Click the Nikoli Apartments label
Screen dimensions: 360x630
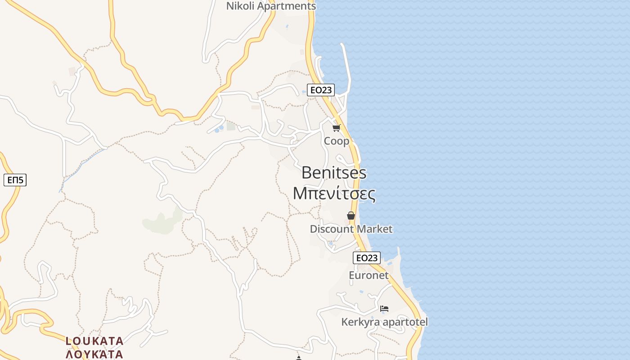pyautogui.click(x=271, y=6)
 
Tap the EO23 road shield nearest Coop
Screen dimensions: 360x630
pyautogui.click(x=320, y=90)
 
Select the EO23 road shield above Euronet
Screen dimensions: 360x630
pyautogui.click(x=367, y=258)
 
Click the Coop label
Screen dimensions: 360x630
pyautogui.click(x=337, y=141)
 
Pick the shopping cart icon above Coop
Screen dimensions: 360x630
pyautogui.click(x=337, y=128)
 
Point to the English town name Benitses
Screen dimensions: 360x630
pyautogui.click(x=334, y=173)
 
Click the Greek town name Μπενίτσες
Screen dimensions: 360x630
pyautogui.click(x=334, y=193)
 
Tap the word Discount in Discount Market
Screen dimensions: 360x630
pyautogui.click(x=332, y=229)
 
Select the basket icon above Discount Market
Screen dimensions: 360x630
pyautogui.click(x=351, y=216)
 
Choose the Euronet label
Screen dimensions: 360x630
pyautogui.click(x=369, y=275)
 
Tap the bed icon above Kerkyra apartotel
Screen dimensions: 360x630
pyautogui.click(x=384, y=309)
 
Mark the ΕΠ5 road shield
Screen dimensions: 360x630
pyautogui.click(x=15, y=180)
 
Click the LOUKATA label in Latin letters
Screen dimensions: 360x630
pyautogui.click(x=94, y=341)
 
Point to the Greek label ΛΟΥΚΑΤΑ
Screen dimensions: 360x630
pyautogui.click(x=94, y=354)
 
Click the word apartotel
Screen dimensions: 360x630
pyautogui.click(x=404, y=322)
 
